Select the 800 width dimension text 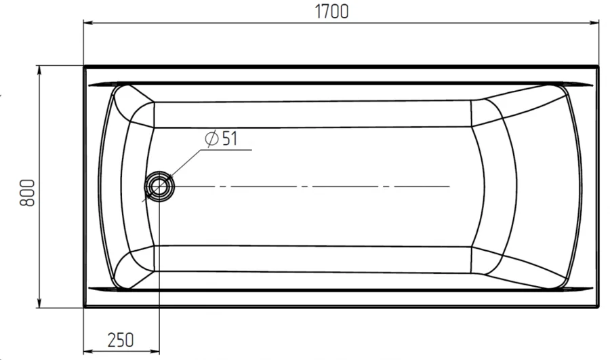26,193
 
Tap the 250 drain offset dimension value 120,339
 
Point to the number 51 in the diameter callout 228,138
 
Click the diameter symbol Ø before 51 211,138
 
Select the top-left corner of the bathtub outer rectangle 84,66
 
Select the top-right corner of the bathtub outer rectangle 599,66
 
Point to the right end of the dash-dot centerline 449,186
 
